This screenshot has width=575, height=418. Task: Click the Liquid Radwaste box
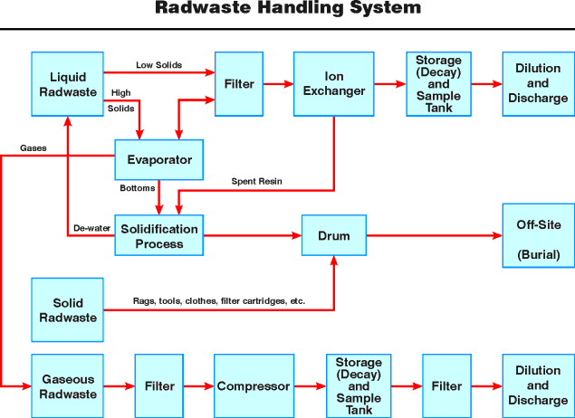coord(68,83)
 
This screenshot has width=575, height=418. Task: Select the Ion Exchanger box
coord(331,83)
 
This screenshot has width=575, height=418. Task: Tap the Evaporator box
coord(158,160)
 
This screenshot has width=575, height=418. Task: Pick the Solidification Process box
coord(158,236)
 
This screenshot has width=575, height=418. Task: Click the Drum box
coord(333,236)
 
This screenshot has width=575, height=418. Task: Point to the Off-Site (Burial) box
coord(538,236)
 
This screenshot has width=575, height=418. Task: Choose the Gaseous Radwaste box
coord(68,386)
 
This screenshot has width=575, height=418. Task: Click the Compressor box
coord(254,386)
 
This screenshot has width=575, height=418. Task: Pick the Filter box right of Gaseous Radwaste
coord(159,386)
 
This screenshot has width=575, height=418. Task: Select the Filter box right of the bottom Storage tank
coord(446,386)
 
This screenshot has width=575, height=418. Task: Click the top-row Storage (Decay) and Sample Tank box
coord(438,83)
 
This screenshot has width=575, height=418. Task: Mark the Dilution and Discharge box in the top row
coord(538,83)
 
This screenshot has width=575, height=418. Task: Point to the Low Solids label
coord(158,66)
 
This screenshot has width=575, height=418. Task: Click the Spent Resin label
coord(258,182)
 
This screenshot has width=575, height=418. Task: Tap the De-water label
coord(91,229)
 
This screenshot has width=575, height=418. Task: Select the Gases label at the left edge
coord(34,147)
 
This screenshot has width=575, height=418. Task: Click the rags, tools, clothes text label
coord(218,300)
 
